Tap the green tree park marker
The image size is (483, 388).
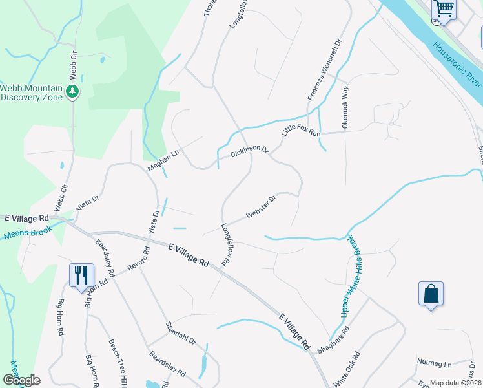pos(73,92)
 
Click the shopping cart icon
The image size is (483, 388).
pos(444,9)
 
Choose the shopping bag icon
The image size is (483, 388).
pos(431,294)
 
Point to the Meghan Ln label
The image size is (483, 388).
pos(163,157)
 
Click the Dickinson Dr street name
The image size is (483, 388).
pos(249,153)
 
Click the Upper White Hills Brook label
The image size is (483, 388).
pos(349,275)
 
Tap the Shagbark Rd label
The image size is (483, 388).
pos(334,343)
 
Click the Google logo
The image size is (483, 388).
pos(21,380)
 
